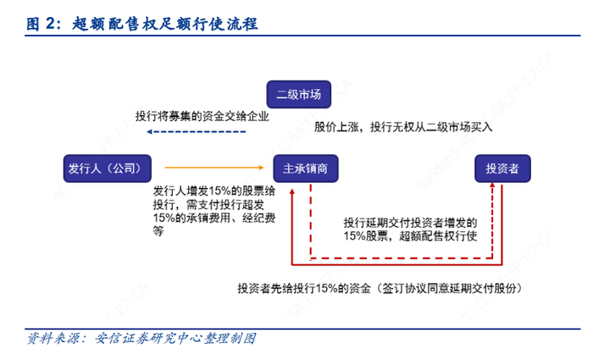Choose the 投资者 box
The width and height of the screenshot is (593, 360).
[502, 168]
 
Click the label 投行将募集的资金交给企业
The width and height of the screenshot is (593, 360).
[202, 116]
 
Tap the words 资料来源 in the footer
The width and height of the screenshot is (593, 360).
[53, 338]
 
